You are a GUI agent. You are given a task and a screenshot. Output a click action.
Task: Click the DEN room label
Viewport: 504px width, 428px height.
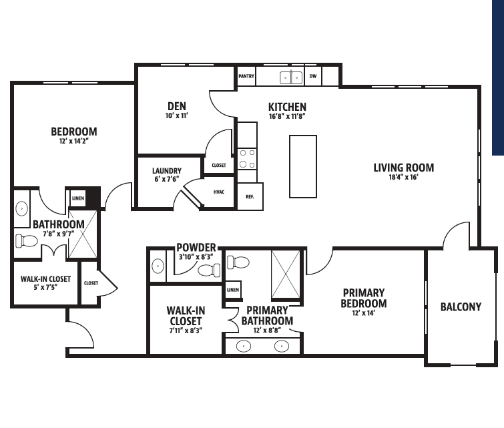pyautogui.click(x=177, y=106)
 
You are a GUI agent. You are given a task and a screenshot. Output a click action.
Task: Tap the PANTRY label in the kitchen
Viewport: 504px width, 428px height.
pyautogui.click(x=246, y=76)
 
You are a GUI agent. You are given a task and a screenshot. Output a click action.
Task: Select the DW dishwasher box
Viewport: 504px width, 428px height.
pyautogui.click(x=313, y=76)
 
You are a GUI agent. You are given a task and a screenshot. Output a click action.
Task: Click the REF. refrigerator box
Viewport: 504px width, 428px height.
pyautogui.click(x=250, y=196)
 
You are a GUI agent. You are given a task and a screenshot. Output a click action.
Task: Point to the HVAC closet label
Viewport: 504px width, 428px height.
pyautogui.click(x=219, y=192)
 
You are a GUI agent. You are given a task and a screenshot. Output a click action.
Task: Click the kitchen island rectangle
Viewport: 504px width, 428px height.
pyautogui.click(x=303, y=166)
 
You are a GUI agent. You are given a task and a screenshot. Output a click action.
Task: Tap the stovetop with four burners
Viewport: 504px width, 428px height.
pyautogui.click(x=247, y=159)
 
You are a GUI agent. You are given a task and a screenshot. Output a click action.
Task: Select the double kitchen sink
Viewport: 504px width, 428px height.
pyautogui.click(x=291, y=77)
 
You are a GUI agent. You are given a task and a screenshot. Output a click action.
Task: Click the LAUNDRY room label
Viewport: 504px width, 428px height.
pyautogui.click(x=167, y=171)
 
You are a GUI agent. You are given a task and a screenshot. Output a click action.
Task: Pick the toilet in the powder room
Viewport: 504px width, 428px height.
pyautogui.click(x=209, y=270)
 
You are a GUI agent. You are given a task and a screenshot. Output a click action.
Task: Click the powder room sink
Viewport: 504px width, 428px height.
pyautogui.click(x=158, y=266)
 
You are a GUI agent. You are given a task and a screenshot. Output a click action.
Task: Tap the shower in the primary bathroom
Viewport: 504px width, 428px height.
pyautogui.click(x=286, y=274)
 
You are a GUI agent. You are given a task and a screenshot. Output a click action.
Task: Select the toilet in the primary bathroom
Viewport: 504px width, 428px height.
pyautogui.click(x=238, y=262)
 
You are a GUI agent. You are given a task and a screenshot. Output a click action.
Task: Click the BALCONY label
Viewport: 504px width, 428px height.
pyautogui.click(x=461, y=306)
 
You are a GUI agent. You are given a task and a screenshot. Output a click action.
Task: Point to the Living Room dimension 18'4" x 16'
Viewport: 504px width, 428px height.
pyautogui.click(x=403, y=177)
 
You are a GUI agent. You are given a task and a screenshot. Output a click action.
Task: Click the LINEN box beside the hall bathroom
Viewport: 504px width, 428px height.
pyautogui.click(x=78, y=198)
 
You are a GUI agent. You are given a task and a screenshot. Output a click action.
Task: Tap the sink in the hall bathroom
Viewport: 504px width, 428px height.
pyautogui.click(x=21, y=209)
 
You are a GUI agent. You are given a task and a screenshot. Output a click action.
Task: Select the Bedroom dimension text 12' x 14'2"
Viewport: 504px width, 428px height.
pyautogui.click(x=73, y=141)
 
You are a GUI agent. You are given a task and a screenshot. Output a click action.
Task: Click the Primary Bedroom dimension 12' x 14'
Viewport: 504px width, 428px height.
pyautogui.click(x=364, y=313)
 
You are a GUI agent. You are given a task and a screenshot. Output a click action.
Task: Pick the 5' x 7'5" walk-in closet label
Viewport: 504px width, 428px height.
pyautogui.click(x=45, y=287)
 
